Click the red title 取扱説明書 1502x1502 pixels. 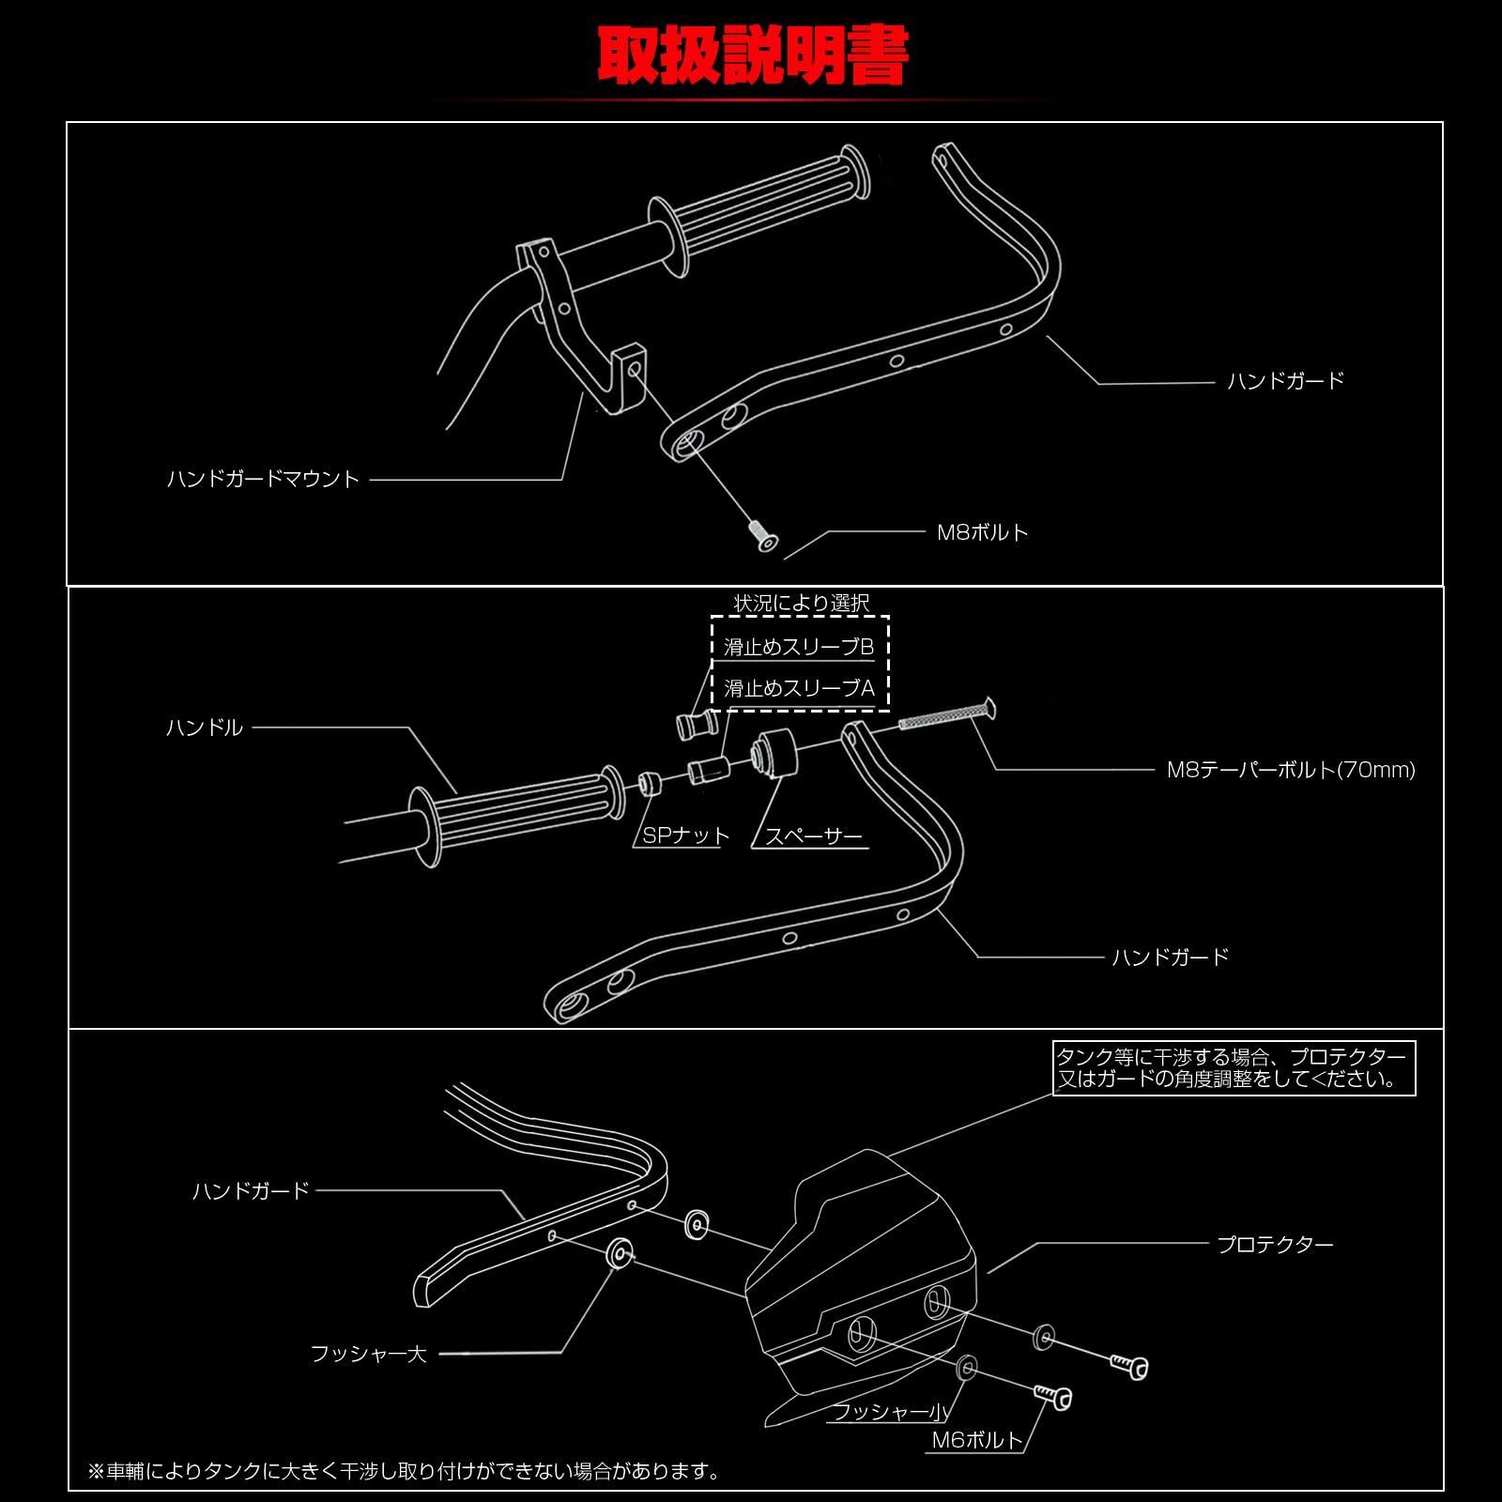click(x=752, y=58)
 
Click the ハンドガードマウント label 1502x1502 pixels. click(x=263, y=479)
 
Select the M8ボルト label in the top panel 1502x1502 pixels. click(x=983, y=532)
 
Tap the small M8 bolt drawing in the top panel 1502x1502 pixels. click(x=761, y=537)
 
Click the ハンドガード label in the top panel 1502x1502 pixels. click(x=1285, y=380)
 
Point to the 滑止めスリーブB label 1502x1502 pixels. click(x=798, y=647)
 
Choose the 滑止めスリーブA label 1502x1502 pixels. click(x=798, y=688)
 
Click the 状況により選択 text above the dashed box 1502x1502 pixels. click(x=801, y=603)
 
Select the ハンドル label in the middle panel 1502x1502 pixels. click(x=204, y=728)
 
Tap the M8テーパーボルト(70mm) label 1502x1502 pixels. click(x=1290, y=770)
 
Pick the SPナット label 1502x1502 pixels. click(x=685, y=835)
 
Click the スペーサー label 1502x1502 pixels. click(x=813, y=835)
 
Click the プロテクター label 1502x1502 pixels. click(x=1274, y=1245)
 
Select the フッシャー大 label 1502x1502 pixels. click(x=368, y=1354)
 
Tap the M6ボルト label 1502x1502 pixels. click(x=976, y=1440)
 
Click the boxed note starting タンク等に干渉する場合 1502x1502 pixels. click(x=1233, y=1068)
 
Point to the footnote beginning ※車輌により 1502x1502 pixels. click(x=404, y=1471)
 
